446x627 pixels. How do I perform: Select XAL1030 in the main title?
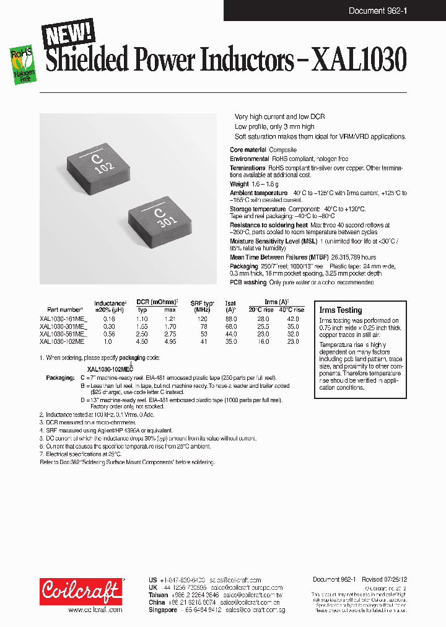click(359, 62)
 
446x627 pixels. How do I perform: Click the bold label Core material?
click(248, 150)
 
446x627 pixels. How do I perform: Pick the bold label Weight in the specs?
click(239, 184)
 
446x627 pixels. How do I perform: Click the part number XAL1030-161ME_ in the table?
click(63, 318)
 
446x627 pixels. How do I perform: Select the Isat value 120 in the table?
click(231, 318)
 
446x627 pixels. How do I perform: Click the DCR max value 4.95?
click(170, 341)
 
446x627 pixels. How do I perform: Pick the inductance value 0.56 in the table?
click(109, 333)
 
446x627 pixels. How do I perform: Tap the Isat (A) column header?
click(231, 306)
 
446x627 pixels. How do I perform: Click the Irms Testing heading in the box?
click(341, 310)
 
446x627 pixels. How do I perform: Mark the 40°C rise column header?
click(292, 310)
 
